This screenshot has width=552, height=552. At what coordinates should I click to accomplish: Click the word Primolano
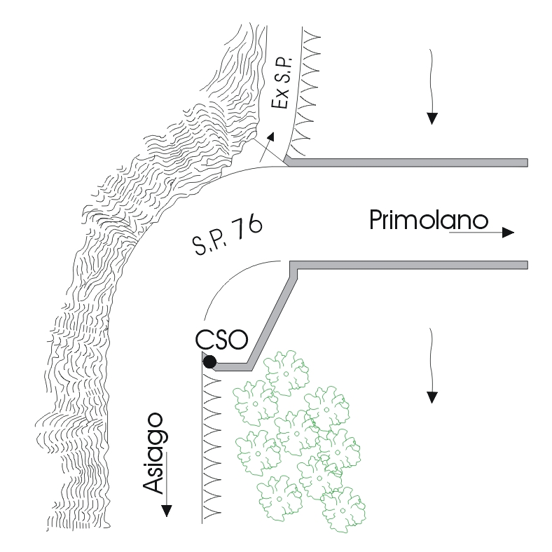(x=428, y=221)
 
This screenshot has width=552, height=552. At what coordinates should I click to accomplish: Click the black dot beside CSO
(x=209, y=362)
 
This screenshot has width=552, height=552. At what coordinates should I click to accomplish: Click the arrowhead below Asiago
(x=166, y=509)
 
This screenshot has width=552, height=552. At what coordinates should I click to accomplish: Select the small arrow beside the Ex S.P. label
(x=265, y=149)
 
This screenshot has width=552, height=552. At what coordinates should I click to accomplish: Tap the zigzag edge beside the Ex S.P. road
(x=305, y=91)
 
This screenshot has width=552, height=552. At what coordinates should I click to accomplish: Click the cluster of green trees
(x=298, y=434)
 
